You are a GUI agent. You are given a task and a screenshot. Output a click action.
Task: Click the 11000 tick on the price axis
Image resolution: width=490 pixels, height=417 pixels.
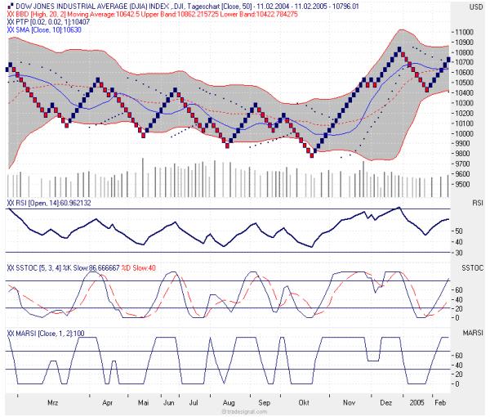tap(465, 31)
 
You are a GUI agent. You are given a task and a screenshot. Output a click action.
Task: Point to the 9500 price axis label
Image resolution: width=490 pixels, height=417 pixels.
tap(464, 184)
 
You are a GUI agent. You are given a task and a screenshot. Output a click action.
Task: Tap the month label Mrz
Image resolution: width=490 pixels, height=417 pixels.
tap(53, 403)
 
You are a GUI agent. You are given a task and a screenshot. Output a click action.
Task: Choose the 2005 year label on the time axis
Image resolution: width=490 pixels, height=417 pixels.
tap(416, 403)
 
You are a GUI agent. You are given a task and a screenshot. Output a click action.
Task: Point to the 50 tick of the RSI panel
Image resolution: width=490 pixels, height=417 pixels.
tap(460, 231)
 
